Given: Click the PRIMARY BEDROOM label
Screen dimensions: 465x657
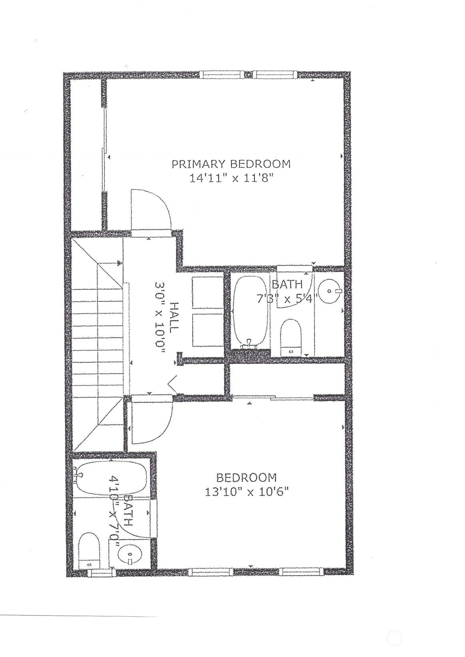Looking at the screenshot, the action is [x=231, y=164].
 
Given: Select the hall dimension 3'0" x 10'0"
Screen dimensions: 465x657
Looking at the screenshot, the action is [x=160, y=319].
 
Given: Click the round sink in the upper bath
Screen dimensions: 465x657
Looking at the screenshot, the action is [x=330, y=291].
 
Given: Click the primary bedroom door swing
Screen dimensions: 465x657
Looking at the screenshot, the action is [x=151, y=210].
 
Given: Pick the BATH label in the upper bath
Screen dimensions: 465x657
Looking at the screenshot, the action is [x=287, y=284].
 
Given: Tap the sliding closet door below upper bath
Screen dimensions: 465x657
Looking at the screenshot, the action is [x=273, y=398].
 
